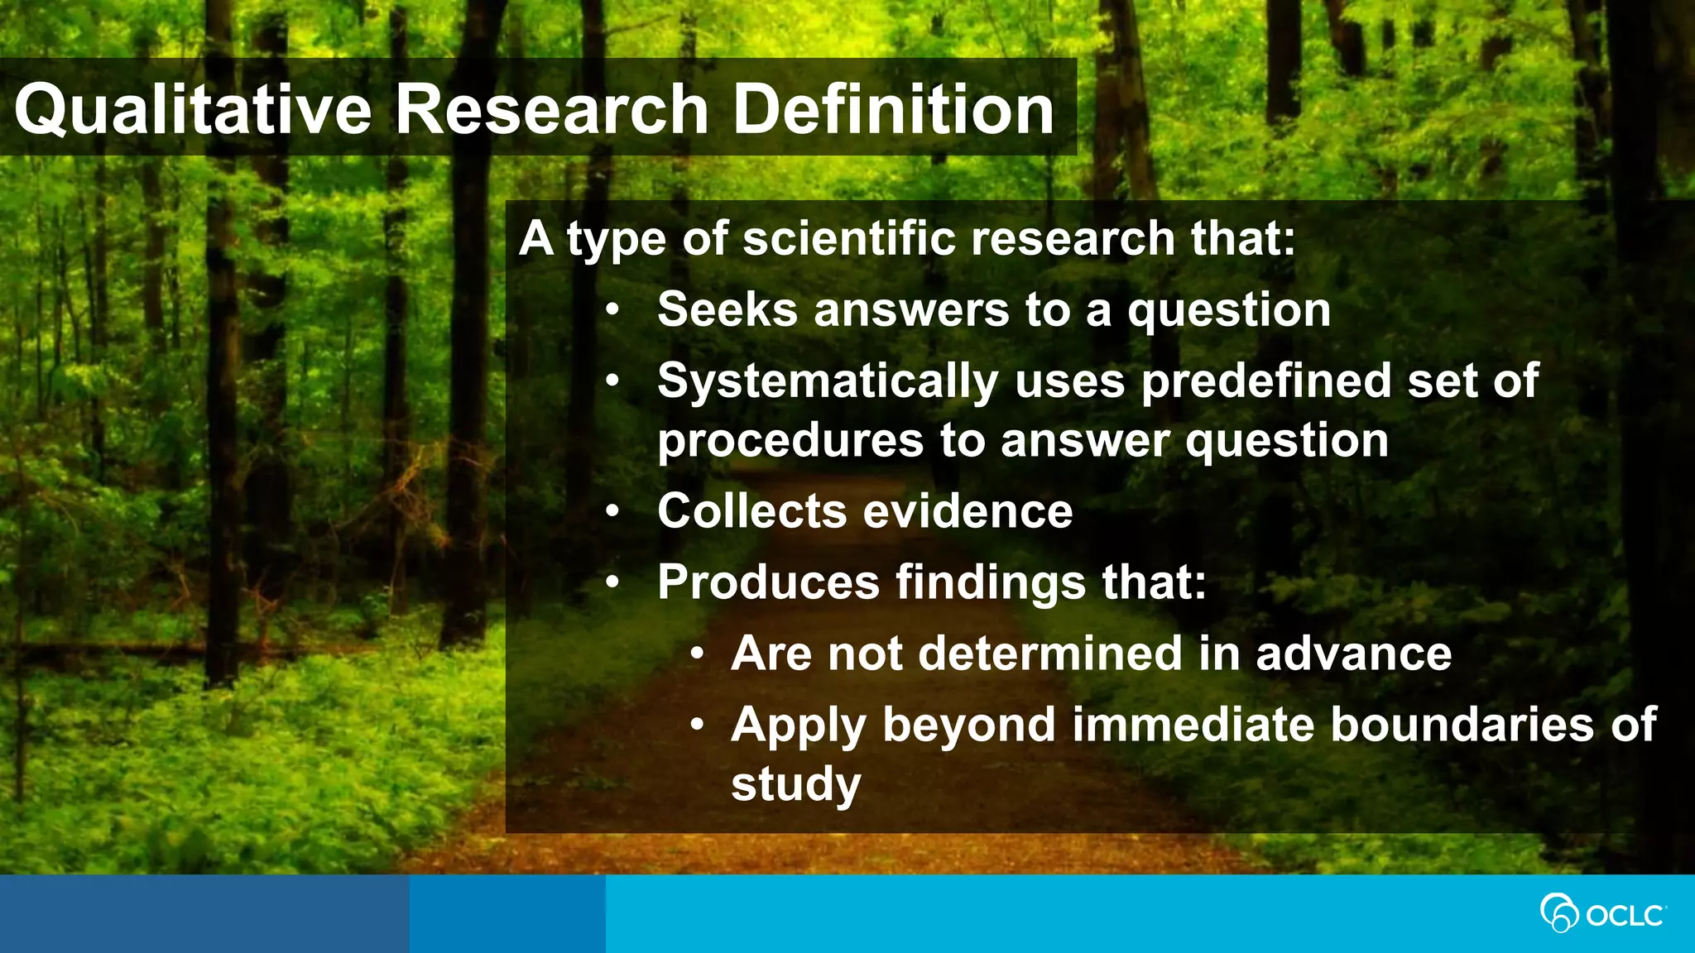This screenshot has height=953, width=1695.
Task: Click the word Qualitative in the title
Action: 192,110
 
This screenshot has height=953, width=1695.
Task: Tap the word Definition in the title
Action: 894,110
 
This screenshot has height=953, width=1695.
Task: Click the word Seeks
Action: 727,309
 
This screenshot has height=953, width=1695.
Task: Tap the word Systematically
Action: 828,382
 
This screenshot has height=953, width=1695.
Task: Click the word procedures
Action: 790,441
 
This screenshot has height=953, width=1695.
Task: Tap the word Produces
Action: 768,582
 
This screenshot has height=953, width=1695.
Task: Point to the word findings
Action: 990,583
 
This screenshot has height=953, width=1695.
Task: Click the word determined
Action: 1050,653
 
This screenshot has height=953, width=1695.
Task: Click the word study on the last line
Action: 795,784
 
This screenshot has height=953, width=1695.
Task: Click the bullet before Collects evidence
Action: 612,511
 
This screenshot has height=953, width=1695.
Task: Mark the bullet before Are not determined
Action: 698,654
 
